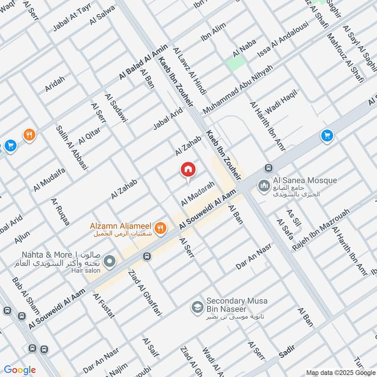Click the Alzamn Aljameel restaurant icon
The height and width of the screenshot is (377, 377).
161,228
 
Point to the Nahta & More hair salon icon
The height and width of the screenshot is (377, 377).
109,261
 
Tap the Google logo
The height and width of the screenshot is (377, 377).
20,370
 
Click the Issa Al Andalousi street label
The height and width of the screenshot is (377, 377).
283,40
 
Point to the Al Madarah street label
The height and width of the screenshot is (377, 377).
198,193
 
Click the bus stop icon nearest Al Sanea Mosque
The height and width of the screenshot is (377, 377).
269,168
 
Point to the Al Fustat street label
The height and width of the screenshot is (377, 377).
104,306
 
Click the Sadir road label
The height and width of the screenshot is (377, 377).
287,351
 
